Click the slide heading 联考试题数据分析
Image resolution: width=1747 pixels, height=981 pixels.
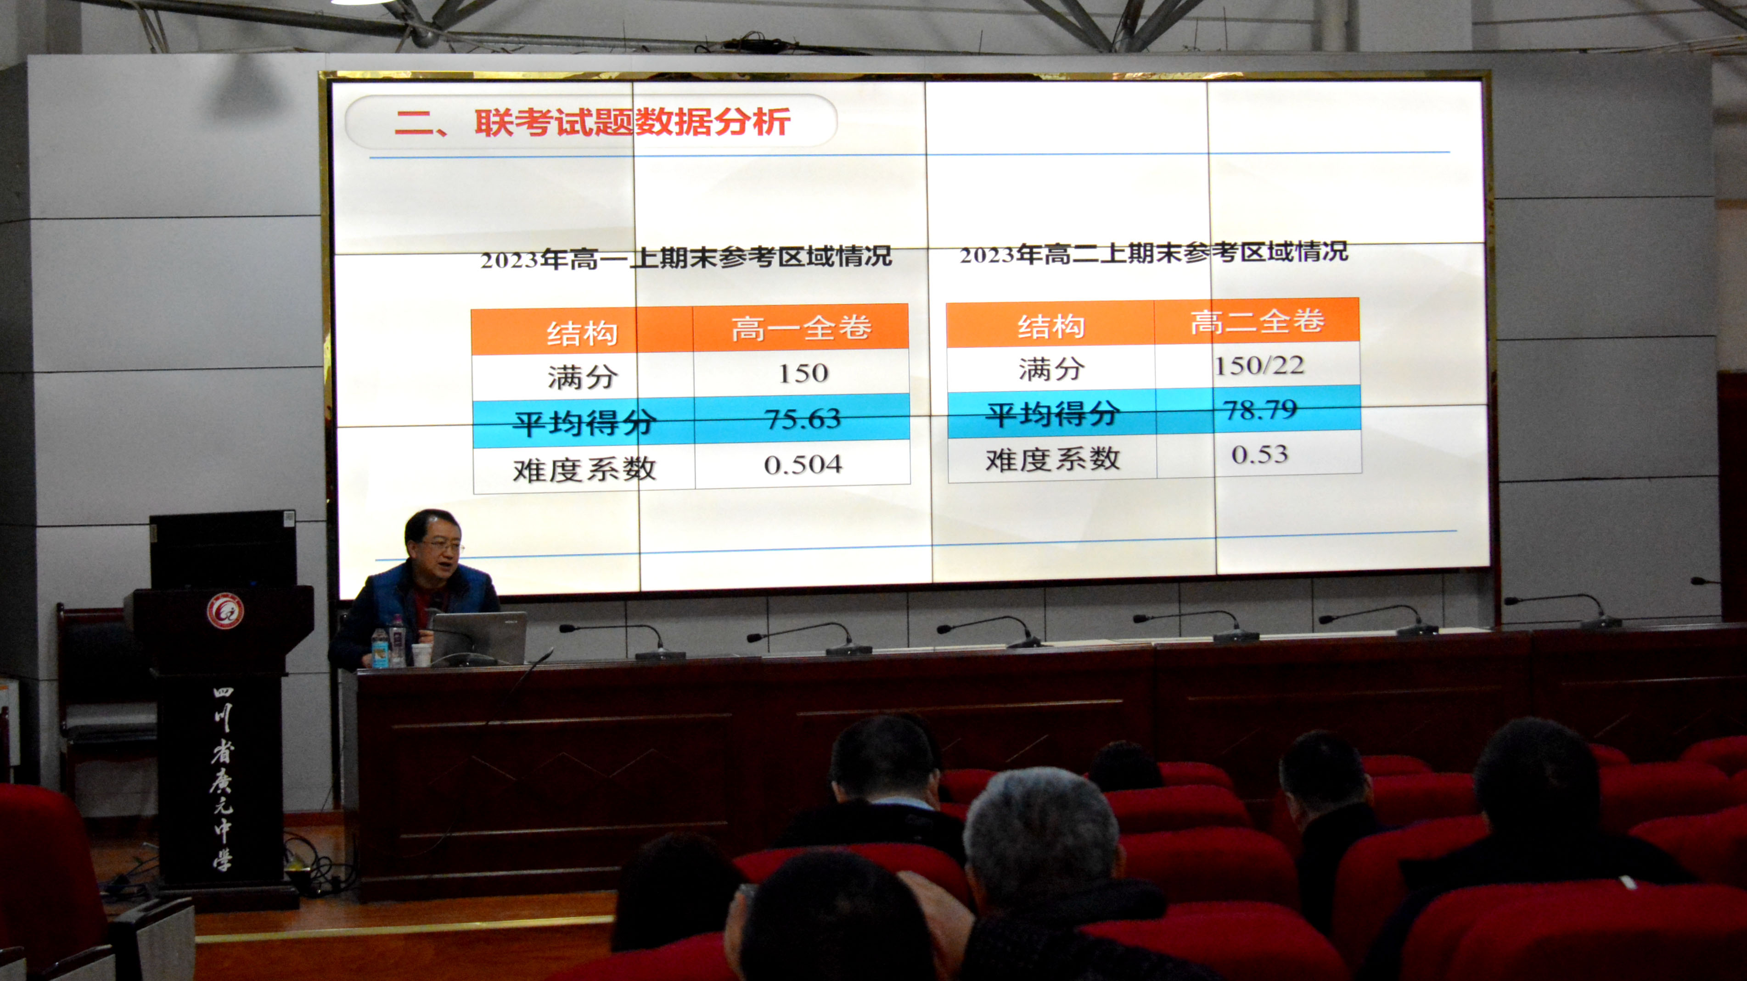(x=632, y=122)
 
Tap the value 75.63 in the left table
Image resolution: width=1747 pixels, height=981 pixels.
(x=803, y=419)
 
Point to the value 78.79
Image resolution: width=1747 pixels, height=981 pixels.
(x=1260, y=409)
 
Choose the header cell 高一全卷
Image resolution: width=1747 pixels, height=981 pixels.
(x=801, y=328)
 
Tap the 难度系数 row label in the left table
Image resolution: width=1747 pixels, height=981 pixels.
(x=584, y=469)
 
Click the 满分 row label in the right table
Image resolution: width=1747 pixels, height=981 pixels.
(x=1051, y=369)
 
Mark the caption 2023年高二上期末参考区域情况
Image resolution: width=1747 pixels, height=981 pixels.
(x=1154, y=253)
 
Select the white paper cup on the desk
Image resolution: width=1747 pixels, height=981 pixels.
(x=421, y=655)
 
